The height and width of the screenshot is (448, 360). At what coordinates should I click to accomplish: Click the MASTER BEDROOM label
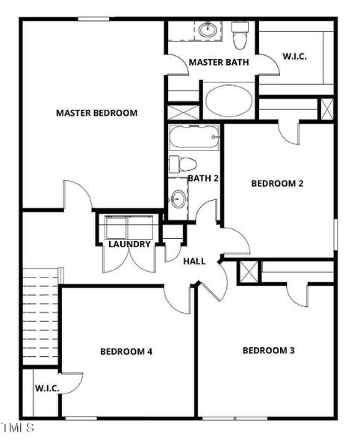(96, 113)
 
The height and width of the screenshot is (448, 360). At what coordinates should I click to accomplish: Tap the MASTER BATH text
(214, 62)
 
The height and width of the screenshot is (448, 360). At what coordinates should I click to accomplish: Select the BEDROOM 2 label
(276, 183)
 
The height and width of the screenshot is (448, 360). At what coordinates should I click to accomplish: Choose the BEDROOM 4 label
(126, 351)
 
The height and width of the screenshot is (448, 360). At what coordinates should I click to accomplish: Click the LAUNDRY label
(129, 244)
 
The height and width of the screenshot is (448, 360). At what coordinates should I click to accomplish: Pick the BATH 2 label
(202, 178)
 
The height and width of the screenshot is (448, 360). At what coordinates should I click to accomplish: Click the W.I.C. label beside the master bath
(294, 56)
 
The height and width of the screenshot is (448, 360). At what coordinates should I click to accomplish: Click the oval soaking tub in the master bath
(229, 100)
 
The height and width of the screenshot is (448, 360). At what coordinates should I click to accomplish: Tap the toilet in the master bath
(240, 34)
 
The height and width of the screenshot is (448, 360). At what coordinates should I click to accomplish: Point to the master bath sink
(208, 31)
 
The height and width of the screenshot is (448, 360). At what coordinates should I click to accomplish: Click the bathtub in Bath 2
(194, 137)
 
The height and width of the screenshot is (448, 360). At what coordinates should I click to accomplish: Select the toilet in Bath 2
(182, 164)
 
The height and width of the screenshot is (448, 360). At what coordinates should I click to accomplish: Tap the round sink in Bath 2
(178, 199)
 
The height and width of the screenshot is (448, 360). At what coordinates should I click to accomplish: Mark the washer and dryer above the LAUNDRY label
(129, 227)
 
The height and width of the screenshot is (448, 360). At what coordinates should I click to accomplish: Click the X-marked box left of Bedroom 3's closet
(249, 272)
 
